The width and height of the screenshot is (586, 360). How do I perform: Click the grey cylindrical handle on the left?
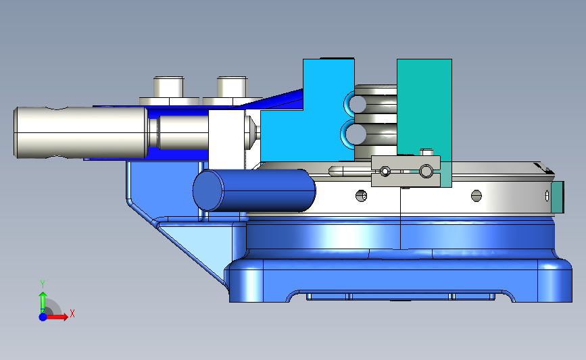point(80,132)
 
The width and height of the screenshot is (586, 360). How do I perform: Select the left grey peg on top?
point(168,87)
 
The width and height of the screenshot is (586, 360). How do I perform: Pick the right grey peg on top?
point(232,87)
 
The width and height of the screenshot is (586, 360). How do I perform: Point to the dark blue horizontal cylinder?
point(254,190)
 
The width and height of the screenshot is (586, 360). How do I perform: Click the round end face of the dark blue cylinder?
point(207,190)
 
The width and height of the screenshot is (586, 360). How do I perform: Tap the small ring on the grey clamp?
point(385,172)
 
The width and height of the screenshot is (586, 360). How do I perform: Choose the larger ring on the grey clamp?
point(426,172)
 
